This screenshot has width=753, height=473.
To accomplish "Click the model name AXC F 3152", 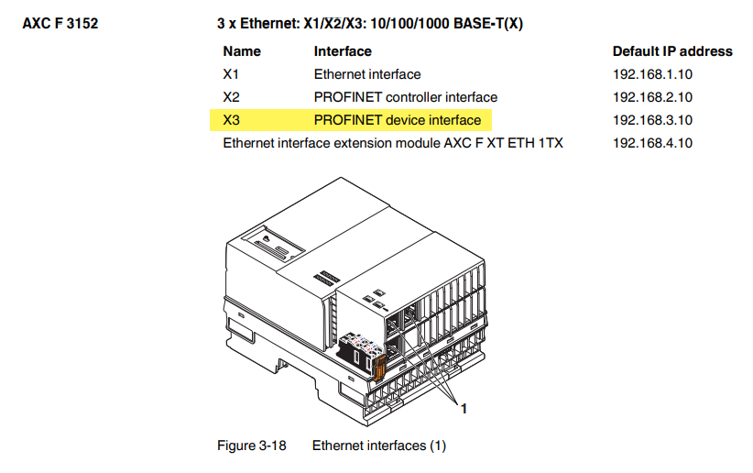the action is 60,24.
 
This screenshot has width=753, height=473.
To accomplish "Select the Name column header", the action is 242,51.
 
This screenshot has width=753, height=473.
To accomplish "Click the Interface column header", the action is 343,51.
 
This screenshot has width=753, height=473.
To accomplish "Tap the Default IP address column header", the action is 672,51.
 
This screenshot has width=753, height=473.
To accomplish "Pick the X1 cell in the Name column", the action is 231,74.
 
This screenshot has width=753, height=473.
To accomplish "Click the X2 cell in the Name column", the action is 231,97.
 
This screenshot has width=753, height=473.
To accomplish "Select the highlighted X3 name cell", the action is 231,120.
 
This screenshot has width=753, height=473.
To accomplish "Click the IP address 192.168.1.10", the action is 652,74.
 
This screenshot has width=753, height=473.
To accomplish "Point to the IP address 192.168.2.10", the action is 652,97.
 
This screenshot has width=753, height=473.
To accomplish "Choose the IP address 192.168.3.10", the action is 652,120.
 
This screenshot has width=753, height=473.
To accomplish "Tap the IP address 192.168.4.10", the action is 652,143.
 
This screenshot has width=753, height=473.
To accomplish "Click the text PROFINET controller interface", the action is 406,97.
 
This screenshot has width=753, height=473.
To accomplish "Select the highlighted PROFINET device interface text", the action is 398,120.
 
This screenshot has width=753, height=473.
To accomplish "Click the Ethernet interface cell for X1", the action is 367,74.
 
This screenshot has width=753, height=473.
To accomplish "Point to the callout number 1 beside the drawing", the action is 464,409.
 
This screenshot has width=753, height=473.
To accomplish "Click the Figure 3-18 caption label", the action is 252,445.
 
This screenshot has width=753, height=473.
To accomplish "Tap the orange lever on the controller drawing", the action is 379,368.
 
